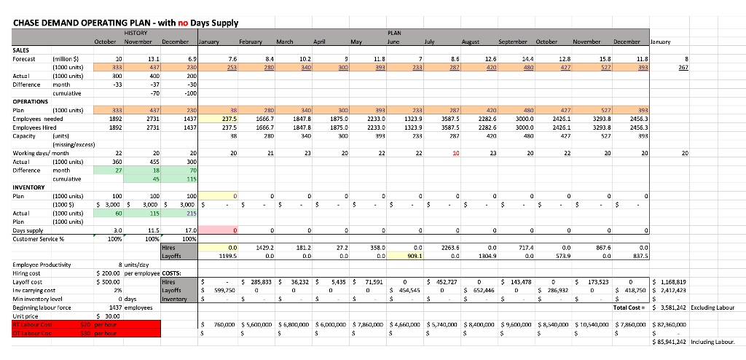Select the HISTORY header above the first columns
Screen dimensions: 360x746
pos(136,33)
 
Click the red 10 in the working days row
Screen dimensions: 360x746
pos(455,154)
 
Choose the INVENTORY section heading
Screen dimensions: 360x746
pos(30,187)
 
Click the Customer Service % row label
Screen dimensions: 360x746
pos(39,238)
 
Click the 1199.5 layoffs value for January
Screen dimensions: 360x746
pos(227,256)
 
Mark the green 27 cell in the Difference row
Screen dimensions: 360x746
pos(118,169)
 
